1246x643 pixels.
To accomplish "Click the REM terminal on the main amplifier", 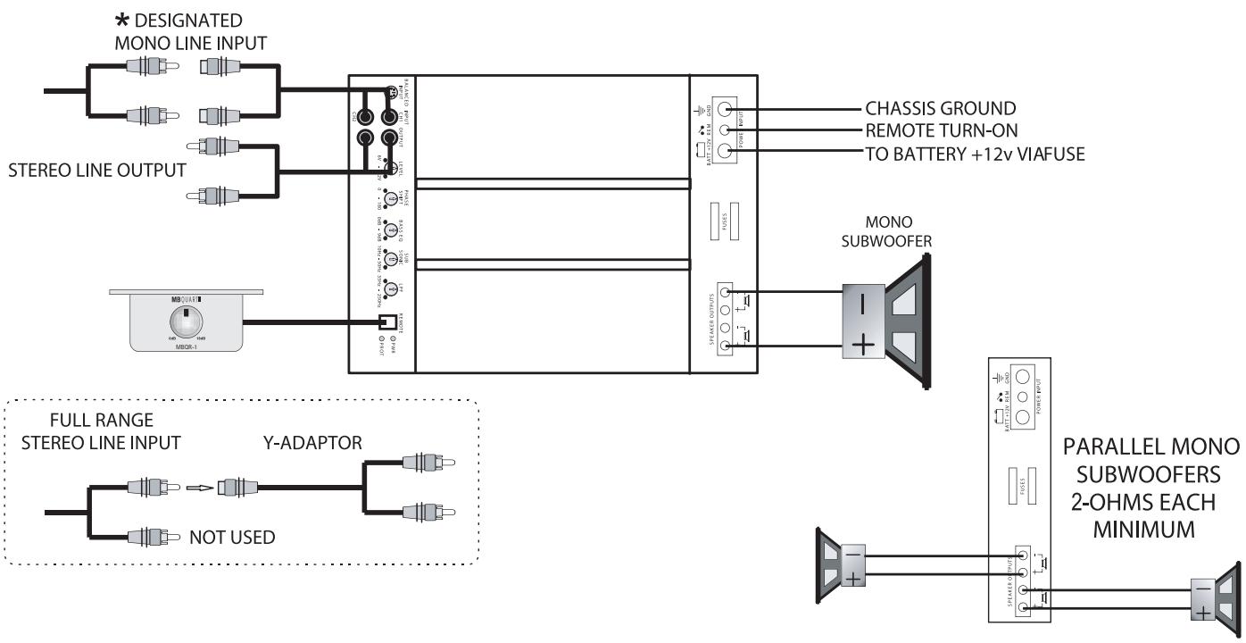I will pos(726,130).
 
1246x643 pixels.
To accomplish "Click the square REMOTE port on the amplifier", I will pos(387,323).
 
